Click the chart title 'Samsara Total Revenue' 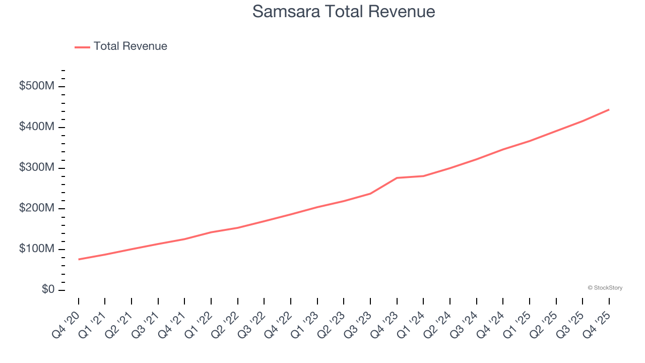[x=344, y=11]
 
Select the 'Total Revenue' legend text [x=130, y=46]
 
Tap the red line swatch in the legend [x=82, y=47]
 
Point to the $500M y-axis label [x=37, y=86]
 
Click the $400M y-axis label [x=37, y=127]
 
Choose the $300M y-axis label [x=37, y=168]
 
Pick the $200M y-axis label [x=37, y=209]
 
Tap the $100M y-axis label [x=37, y=250]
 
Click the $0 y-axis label [x=48, y=290]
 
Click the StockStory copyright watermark [x=605, y=288]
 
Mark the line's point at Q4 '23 [x=397, y=178]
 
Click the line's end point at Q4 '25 [x=609, y=109]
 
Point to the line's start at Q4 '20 [x=79, y=259]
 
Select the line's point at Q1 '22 [x=211, y=232]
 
